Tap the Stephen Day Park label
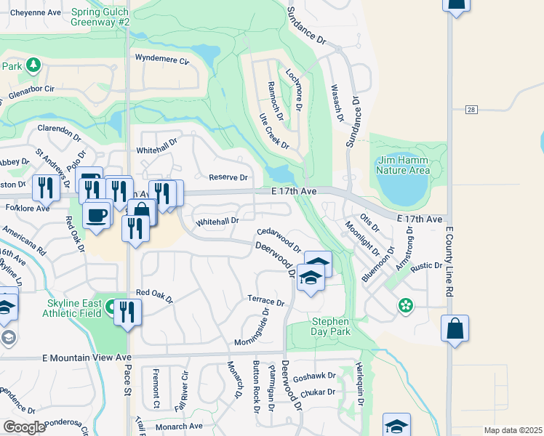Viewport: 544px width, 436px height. point(331,326)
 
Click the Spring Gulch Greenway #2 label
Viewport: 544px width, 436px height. point(100,17)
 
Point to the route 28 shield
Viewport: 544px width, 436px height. point(471,109)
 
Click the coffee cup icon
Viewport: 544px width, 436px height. point(97,214)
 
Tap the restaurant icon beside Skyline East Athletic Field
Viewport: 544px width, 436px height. point(127,312)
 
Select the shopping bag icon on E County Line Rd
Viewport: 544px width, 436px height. point(455,328)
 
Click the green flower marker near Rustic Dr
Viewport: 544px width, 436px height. point(404,307)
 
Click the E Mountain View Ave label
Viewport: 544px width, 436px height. point(87,358)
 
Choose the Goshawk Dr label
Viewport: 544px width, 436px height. point(316,376)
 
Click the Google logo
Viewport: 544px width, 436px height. point(24,427)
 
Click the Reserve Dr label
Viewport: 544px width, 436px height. point(228,177)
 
